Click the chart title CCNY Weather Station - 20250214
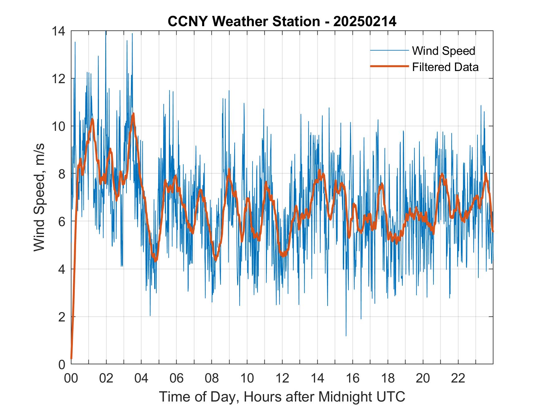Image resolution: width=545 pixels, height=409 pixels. point(282,21)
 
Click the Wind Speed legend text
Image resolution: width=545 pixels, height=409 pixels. point(443,51)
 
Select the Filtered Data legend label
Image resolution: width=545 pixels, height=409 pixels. point(445,67)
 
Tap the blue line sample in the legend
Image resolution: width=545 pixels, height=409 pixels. point(389,50)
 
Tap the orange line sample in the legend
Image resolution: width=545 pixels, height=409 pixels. point(389,66)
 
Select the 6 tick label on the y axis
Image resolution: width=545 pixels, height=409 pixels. point(62,222)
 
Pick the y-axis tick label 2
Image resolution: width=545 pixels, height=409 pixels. point(62,317)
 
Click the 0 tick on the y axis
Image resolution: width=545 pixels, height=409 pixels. point(62,364)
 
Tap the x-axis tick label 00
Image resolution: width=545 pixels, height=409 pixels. point(71,378)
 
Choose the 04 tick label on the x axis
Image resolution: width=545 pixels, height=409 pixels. point(141,378)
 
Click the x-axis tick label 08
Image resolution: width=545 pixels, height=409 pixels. point(212,378)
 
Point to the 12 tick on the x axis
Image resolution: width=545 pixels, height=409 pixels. point(282,378)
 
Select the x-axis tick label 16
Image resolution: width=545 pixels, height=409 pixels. point(353,378)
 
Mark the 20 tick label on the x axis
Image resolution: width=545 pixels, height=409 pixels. point(423,378)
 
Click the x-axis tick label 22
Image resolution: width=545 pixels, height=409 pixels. point(458,378)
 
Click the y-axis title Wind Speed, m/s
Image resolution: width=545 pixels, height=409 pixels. point(39,197)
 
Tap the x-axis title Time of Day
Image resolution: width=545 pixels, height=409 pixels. point(282,397)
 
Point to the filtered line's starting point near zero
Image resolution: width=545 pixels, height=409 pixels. point(71,358)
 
